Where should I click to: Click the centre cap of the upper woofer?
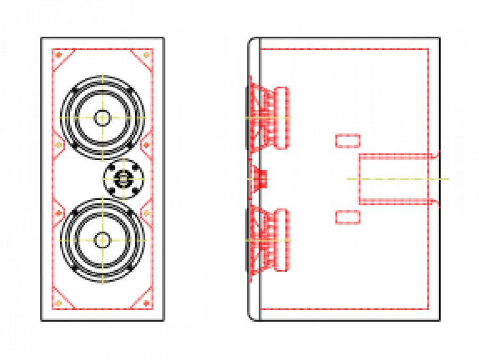tap(102, 117)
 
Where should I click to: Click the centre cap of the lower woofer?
tap(102, 240)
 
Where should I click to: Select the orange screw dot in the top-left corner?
tap(59, 55)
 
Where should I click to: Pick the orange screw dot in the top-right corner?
tap(147, 55)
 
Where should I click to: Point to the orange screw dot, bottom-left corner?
tap(59, 303)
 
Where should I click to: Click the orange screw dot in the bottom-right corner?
tap(147, 303)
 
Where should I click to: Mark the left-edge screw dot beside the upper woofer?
tap(58, 144)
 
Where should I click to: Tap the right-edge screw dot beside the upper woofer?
tap(147, 144)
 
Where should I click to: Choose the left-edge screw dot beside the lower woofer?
tap(58, 213)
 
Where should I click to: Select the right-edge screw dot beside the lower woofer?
tap(147, 213)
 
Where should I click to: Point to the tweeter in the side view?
tap(261, 179)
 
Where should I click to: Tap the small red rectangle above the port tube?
tap(348, 141)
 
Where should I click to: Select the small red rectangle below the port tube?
tap(348, 216)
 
